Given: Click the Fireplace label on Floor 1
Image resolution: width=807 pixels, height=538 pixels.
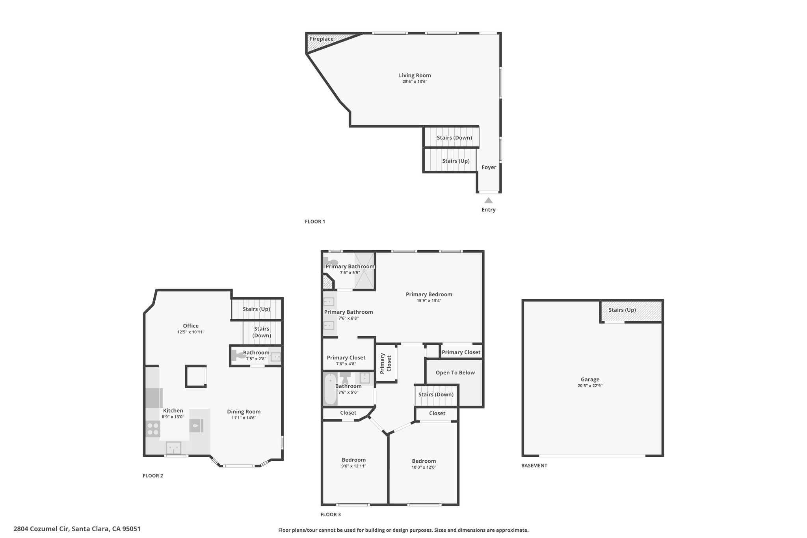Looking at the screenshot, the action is coord(322,39).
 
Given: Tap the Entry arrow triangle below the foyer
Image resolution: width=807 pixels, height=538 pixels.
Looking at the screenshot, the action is coord(489,200).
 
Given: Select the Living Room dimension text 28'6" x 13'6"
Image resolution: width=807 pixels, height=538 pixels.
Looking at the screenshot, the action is coord(415,82).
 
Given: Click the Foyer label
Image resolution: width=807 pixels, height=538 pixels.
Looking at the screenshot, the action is coord(489,167).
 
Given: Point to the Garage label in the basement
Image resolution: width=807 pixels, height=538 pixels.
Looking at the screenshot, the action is coord(590,380).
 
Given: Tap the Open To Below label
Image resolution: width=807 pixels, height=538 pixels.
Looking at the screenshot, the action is coord(455,372).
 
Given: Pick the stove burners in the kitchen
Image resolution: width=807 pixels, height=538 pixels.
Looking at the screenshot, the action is coord(153,429).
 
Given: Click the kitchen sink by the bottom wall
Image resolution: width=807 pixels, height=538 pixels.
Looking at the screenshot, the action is coord(173,448).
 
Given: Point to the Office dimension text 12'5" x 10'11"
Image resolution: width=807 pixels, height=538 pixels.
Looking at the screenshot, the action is coord(191,332).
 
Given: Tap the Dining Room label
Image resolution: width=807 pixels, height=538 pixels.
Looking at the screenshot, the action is coord(244,411).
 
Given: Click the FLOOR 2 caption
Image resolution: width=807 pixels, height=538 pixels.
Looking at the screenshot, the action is coord(153,476).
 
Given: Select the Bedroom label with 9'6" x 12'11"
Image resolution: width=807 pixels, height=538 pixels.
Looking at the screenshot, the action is coord(354,460).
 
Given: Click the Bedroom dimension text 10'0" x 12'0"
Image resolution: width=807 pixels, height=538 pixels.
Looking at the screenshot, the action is coord(424,467).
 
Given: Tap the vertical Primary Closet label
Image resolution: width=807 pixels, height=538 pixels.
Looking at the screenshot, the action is coord(385,363).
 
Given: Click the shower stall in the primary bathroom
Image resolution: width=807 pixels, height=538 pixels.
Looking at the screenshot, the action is coord(364,271).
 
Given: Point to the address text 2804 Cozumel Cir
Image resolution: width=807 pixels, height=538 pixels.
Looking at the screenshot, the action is coord(41,529).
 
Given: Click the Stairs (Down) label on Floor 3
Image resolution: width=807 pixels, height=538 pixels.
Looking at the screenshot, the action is coord(436,395).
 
